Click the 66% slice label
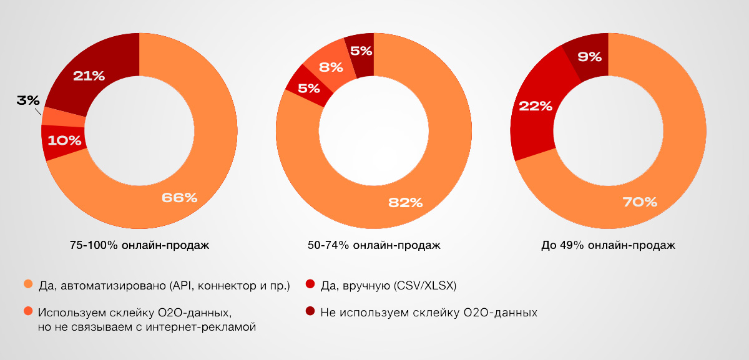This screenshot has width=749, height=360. [x=179, y=198]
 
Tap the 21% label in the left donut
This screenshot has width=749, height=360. [x=89, y=76]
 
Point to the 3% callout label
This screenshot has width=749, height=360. [x=28, y=100]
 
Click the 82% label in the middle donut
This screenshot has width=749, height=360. [x=406, y=202]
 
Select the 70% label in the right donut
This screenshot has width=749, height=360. [x=640, y=202]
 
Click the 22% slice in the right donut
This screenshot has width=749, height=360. [x=536, y=106]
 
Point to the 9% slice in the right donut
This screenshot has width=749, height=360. [x=590, y=57]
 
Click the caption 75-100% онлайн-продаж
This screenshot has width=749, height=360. [x=140, y=245]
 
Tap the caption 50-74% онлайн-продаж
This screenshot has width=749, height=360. [x=374, y=245]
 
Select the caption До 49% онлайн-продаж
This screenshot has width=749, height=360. [x=608, y=245]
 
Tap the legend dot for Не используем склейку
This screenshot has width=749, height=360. [x=310, y=311]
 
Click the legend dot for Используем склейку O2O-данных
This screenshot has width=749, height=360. [x=27, y=311]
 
